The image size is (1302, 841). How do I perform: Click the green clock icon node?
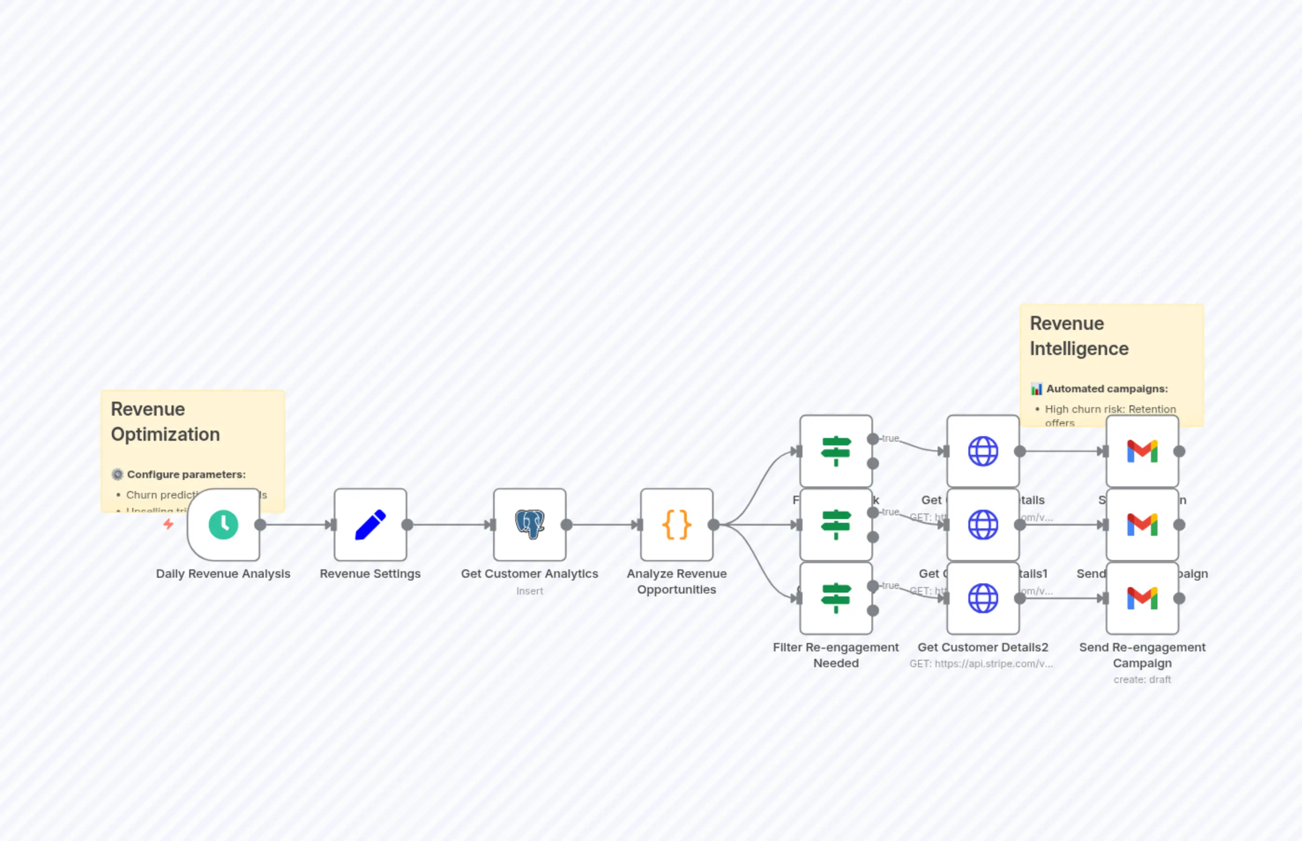tap(223, 525)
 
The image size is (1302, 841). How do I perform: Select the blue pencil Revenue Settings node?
tap(370, 525)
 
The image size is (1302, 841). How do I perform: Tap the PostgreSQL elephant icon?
tap(529, 525)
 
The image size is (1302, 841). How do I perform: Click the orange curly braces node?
tap(676, 525)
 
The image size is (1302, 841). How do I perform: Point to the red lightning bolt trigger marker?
tap(168, 524)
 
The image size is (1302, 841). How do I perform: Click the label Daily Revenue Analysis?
tap(223, 574)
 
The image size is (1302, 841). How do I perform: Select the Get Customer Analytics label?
tap(529, 574)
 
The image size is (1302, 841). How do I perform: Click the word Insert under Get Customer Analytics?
tap(529, 591)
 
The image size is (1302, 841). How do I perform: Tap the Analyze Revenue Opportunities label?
tap(676, 581)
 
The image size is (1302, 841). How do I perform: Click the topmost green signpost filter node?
tap(836, 451)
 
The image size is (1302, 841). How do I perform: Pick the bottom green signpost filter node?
tap(836, 598)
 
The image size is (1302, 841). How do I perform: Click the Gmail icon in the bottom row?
tap(1142, 598)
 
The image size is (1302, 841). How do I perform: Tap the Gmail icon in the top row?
tap(1142, 451)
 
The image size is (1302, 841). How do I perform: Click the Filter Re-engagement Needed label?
tap(836, 655)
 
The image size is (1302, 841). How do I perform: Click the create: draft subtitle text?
tap(1142, 679)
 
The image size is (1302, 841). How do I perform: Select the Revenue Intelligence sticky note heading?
tap(1079, 336)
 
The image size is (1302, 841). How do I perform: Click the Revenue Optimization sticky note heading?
tap(165, 422)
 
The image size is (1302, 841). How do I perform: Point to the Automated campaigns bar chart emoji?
tap(1036, 389)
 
